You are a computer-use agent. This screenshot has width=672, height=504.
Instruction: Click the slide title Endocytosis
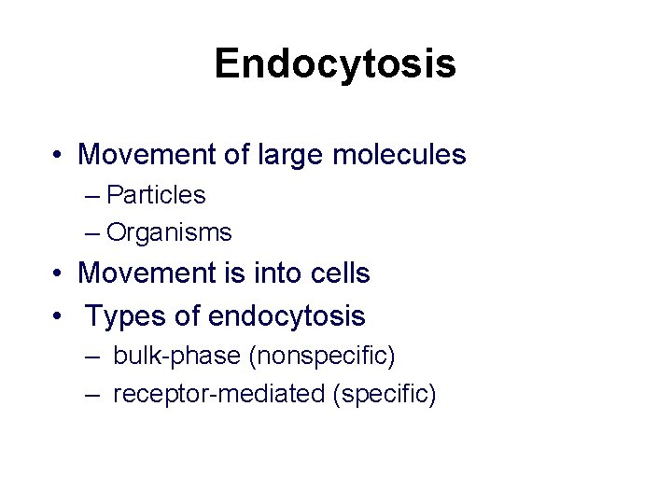335,64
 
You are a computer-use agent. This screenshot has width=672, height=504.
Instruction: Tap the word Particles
156,195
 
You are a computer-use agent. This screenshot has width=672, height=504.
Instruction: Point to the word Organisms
169,231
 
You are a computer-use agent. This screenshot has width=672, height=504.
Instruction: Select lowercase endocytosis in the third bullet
287,316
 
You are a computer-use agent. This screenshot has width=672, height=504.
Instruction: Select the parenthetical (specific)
384,394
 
